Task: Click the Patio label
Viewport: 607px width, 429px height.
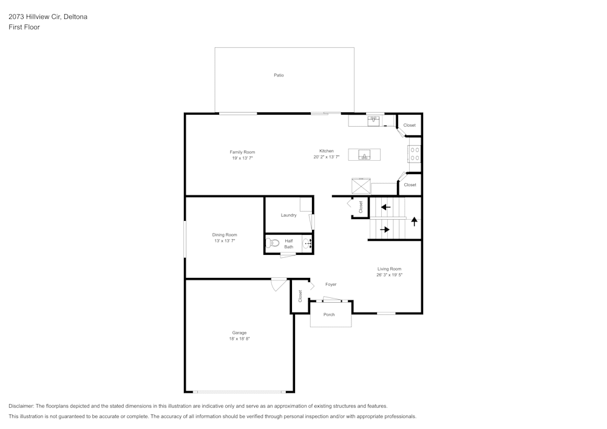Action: click(x=279, y=75)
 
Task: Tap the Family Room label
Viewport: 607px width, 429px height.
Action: click(x=242, y=152)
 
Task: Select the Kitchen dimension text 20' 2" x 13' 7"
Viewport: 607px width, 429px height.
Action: click(x=327, y=157)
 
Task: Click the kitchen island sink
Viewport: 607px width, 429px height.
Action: click(x=364, y=155)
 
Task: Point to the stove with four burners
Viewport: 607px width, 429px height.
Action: click(x=415, y=154)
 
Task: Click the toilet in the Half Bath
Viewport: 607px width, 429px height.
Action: click(x=273, y=243)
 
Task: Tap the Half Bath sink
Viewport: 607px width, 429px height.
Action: click(x=307, y=244)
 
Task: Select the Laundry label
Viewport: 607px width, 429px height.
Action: click(x=288, y=215)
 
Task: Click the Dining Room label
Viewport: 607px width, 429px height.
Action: click(x=225, y=235)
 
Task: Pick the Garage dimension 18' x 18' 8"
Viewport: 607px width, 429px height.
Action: click(x=239, y=339)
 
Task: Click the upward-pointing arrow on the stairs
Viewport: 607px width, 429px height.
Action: click(x=414, y=221)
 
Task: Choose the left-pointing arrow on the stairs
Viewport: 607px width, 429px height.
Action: click(x=385, y=207)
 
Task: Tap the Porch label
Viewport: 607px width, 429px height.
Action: click(x=329, y=314)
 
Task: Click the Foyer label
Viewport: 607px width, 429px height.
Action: click(x=331, y=285)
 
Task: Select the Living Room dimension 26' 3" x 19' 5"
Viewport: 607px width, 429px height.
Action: click(x=390, y=275)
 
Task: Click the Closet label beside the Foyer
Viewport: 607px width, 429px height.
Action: click(x=300, y=296)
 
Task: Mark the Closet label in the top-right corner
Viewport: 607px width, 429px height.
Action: click(x=409, y=125)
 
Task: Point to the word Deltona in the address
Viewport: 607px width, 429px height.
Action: click(x=75, y=16)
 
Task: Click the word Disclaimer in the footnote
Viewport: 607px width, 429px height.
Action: click(x=21, y=406)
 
